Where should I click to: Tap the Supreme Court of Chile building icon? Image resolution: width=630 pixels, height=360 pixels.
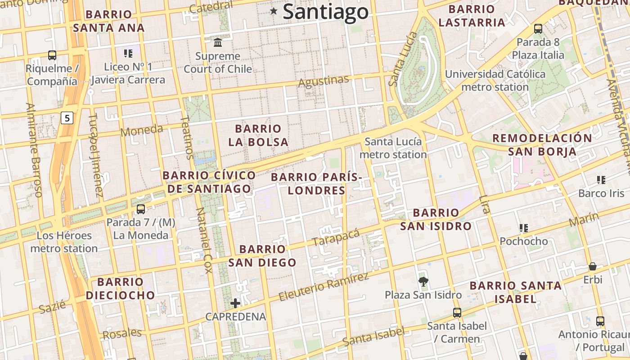coord(218,43)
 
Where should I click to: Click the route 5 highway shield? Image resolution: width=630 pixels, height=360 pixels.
coord(67,118)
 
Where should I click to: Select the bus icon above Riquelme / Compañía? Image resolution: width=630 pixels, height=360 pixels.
coord(52,55)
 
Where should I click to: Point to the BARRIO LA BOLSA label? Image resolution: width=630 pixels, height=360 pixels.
coord(258,135)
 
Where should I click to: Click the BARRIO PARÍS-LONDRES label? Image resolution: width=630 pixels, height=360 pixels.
coord(316,184)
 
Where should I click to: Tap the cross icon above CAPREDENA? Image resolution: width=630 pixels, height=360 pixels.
coord(235,303)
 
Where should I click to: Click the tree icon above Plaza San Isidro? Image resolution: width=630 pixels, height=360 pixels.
coord(423,282)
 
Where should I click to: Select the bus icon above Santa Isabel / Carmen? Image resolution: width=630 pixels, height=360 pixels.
coord(457,312)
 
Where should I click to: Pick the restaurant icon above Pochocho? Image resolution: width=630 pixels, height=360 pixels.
coord(523,228)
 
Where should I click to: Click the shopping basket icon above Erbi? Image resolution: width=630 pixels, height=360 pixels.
coord(593,266)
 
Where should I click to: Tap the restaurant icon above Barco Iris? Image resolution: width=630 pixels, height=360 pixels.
coord(601,180)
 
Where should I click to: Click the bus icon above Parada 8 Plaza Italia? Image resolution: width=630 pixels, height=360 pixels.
coord(538,29)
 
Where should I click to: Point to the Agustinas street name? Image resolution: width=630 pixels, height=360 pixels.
coord(324,81)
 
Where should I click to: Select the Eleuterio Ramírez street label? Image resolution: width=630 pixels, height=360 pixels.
coord(324,287)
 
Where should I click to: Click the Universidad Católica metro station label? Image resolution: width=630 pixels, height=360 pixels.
coord(495,81)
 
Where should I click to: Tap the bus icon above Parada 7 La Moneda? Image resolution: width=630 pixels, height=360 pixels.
coord(141,209)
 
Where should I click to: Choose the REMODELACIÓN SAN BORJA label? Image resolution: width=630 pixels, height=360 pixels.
coord(542,144)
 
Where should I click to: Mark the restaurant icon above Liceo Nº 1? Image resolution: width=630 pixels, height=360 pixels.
coord(128,54)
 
